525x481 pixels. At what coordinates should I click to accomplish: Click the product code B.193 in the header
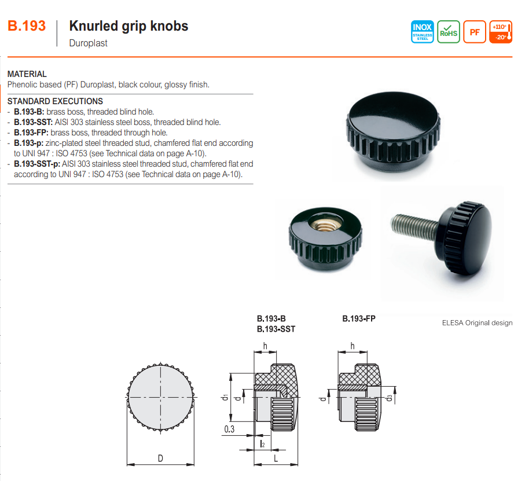pos(27,26)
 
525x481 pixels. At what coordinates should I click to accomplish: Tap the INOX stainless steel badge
pos(422,32)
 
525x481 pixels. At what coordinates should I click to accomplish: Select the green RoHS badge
pos(449,32)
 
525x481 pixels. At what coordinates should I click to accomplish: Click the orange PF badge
pos(475,32)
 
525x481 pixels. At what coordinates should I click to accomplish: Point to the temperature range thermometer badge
pos(501,32)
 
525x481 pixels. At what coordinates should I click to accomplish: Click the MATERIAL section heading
pos(27,74)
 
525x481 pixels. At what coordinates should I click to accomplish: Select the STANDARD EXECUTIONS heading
pos(55,101)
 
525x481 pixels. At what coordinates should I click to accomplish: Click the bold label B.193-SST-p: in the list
pos(37,164)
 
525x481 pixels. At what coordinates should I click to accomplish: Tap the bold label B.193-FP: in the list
pos(31,133)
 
